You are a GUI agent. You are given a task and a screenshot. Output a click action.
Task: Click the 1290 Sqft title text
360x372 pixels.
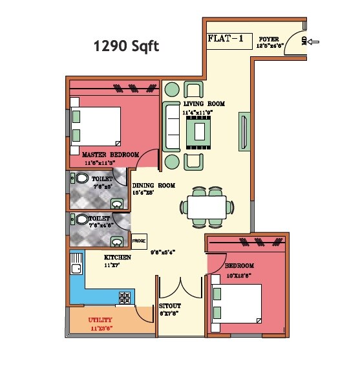(126, 46)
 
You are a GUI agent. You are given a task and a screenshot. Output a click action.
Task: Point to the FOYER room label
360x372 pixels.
(269, 39)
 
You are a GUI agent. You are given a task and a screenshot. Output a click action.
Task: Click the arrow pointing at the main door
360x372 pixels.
(315, 43)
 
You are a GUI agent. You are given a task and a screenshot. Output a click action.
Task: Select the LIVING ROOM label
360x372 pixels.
(203, 104)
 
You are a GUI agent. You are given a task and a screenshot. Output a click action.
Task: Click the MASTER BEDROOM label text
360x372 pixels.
(111, 155)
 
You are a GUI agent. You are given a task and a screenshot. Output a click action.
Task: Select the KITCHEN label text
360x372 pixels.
(118, 257)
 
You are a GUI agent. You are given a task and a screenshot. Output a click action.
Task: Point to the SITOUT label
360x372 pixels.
(170, 305)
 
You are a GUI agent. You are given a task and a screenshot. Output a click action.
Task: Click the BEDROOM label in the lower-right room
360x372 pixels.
(239, 266)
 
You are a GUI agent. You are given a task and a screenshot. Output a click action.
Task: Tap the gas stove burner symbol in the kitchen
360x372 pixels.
(124, 298)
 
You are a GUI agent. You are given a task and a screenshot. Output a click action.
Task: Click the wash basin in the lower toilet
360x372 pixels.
(117, 241)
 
